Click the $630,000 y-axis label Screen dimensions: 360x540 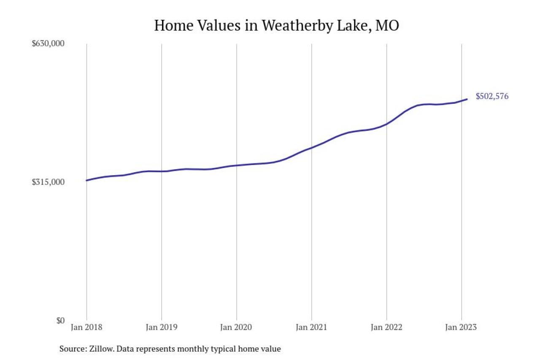click(48, 43)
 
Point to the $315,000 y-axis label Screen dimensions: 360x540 click(48, 182)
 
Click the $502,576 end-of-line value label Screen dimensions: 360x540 click(492, 96)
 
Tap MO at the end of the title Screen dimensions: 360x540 click(387, 25)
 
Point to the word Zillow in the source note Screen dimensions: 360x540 click(100, 349)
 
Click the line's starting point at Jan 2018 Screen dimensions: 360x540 click(86, 180)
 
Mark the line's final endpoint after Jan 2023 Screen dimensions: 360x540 click(467, 99)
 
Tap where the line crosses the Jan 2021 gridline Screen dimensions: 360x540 click(311, 148)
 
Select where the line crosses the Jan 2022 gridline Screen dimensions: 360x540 click(386, 124)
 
